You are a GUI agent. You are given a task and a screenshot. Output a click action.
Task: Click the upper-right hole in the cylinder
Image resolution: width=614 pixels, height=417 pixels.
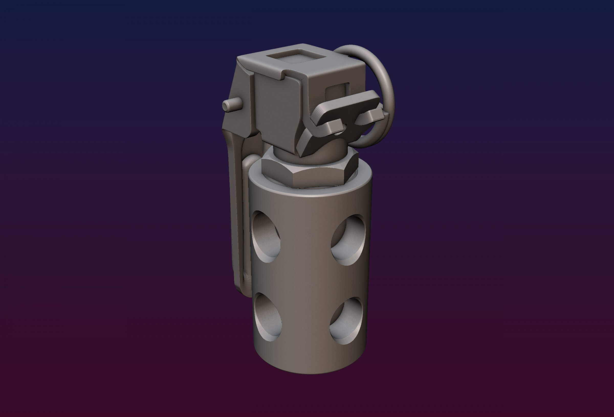tap(348, 240)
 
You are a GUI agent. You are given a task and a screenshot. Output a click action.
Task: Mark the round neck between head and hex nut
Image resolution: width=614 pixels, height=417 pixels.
tap(285, 153)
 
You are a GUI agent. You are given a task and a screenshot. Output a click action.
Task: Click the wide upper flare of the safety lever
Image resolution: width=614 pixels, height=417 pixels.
tap(238, 111)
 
